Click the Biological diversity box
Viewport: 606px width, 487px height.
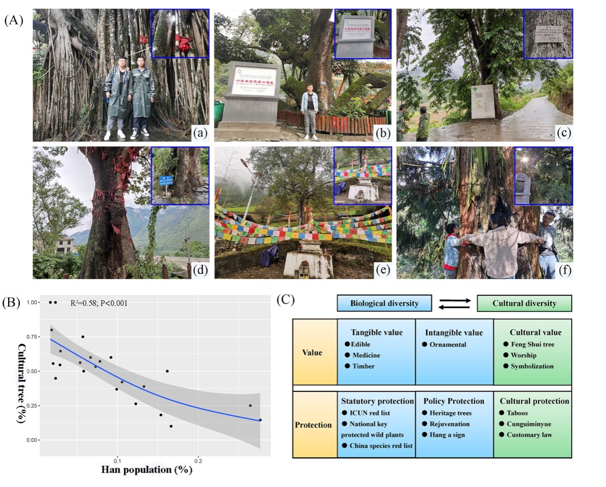384,303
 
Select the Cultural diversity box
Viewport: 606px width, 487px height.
524,303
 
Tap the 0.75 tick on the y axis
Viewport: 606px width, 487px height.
32,337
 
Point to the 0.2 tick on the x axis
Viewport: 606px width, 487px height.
198,461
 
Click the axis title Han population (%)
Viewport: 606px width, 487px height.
147,470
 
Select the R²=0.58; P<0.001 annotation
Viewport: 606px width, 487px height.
99,303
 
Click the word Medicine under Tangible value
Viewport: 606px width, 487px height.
366,355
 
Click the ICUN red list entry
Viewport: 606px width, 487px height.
369,413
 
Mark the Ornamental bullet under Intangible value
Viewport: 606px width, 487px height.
447,344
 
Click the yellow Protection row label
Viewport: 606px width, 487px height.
313,425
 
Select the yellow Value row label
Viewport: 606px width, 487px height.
312,352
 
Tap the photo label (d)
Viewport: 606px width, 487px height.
200,270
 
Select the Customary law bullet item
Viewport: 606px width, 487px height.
529,434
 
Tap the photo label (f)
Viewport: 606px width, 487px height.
564,270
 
